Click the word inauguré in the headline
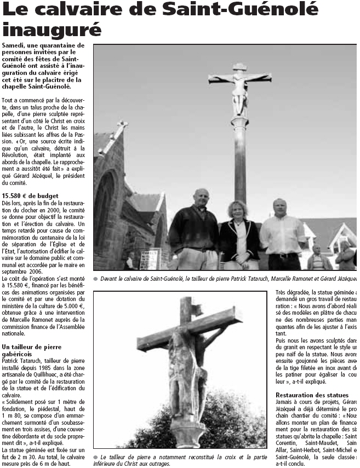52,28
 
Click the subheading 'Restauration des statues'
312,395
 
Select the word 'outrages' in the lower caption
157,463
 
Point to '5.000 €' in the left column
72,307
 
